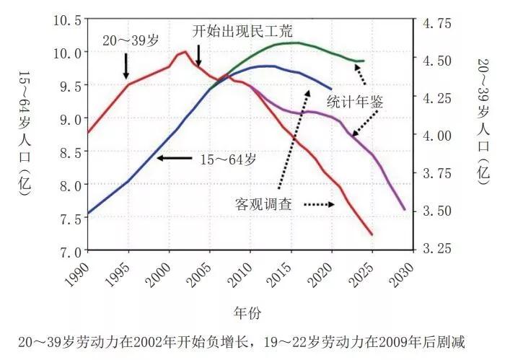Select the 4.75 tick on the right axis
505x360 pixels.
tap(434, 23)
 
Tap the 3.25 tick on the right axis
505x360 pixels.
tap(434, 247)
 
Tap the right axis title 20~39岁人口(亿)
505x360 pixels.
tap(483, 119)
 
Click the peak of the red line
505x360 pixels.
tap(185, 51)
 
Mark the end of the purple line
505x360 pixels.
tap(404, 209)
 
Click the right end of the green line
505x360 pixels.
tap(364, 61)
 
